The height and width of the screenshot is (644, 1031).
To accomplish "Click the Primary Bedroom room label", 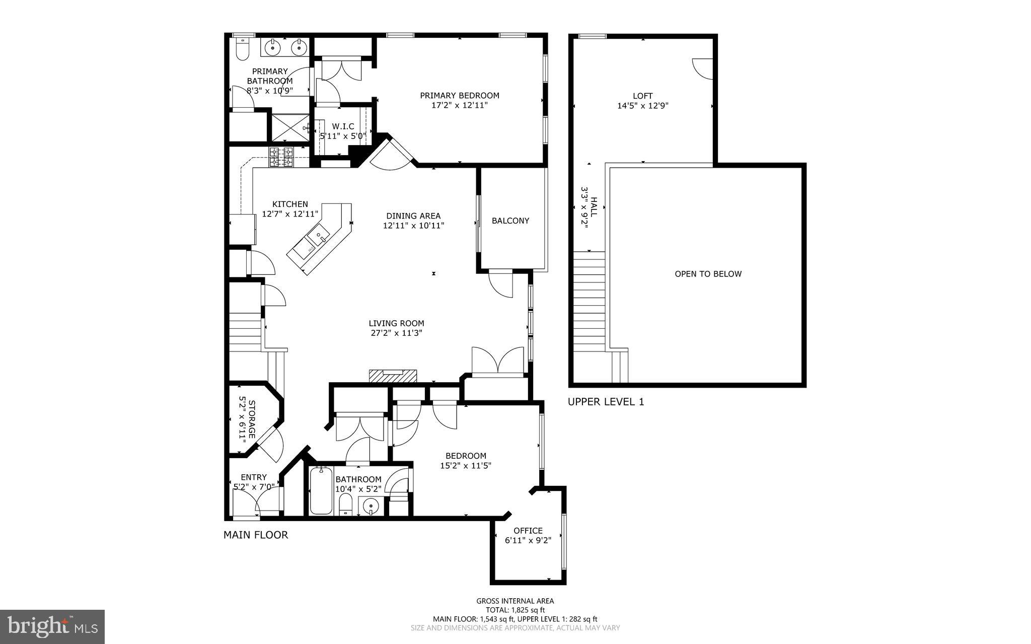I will pyautogui.click(x=460, y=95).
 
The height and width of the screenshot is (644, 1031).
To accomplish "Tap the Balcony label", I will pyautogui.click(x=510, y=221).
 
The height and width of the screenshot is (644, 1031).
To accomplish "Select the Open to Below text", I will pyautogui.click(x=708, y=274).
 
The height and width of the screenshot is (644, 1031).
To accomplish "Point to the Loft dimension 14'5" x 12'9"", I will pyautogui.click(x=642, y=106).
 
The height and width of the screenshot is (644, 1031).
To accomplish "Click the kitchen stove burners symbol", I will pyautogui.click(x=281, y=157).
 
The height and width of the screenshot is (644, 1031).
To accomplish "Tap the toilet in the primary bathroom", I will pyautogui.click(x=242, y=49).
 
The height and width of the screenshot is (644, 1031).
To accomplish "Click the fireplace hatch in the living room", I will pyautogui.click(x=393, y=376).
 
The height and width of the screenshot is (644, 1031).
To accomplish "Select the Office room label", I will pyautogui.click(x=528, y=530).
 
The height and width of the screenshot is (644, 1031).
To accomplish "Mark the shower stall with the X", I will pyautogui.click(x=290, y=128).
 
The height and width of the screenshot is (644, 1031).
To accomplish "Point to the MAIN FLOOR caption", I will pyautogui.click(x=256, y=535).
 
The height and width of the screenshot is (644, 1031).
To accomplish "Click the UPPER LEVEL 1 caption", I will pyautogui.click(x=606, y=402).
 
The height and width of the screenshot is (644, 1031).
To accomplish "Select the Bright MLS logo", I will pyautogui.click(x=52, y=626).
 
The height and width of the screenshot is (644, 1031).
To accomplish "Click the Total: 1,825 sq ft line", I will pyautogui.click(x=515, y=610).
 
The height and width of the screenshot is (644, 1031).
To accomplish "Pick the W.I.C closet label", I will pyautogui.click(x=343, y=126).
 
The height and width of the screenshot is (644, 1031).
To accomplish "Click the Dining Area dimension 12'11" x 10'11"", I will pyautogui.click(x=413, y=226).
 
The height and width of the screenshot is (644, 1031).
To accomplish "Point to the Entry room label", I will pyautogui.click(x=254, y=477).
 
